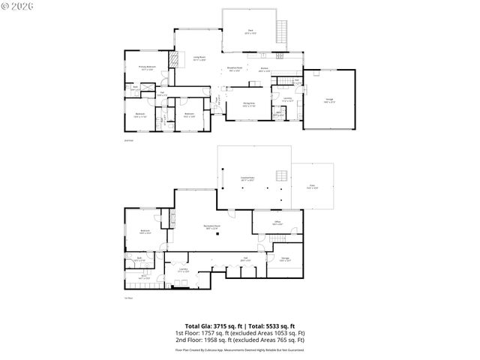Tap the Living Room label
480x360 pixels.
tap(199, 58)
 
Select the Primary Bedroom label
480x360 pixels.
tap(145, 67)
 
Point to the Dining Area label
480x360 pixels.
tap(249, 104)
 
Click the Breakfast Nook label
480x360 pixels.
tap(235, 69)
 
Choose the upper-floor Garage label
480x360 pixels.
tap(330, 100)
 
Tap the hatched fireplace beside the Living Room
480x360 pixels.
tap(175, 60)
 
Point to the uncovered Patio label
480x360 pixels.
tap(312, 188)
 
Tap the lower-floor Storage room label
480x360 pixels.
tap(285, 259)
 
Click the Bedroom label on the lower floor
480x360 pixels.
tap(145, 231)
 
